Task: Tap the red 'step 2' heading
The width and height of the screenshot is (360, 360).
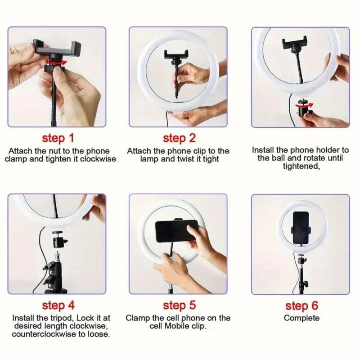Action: tap(180, 137)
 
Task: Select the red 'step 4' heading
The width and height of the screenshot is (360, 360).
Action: tap(58, 306)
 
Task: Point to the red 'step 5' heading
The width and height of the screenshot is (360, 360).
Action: tap(180, 306)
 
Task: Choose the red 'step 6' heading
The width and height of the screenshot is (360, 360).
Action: tap(301, 306)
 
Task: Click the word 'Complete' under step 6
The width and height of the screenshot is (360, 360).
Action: tap(301, 318)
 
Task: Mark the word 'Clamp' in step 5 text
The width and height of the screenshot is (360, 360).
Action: tap(137, 318)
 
